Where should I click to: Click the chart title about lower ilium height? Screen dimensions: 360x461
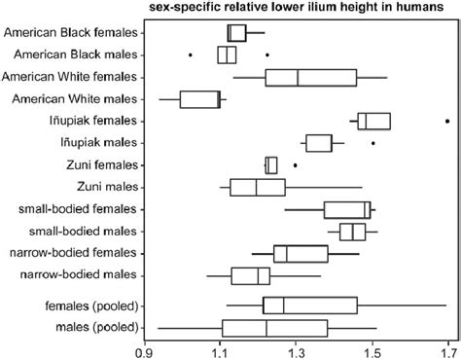click(x=302, y=9)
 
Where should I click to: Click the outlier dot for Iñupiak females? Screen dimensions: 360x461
click(x=446, y=121)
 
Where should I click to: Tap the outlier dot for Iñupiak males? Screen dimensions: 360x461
click(x=373, y=143)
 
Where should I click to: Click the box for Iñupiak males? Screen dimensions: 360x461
click(x=325, y=143)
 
